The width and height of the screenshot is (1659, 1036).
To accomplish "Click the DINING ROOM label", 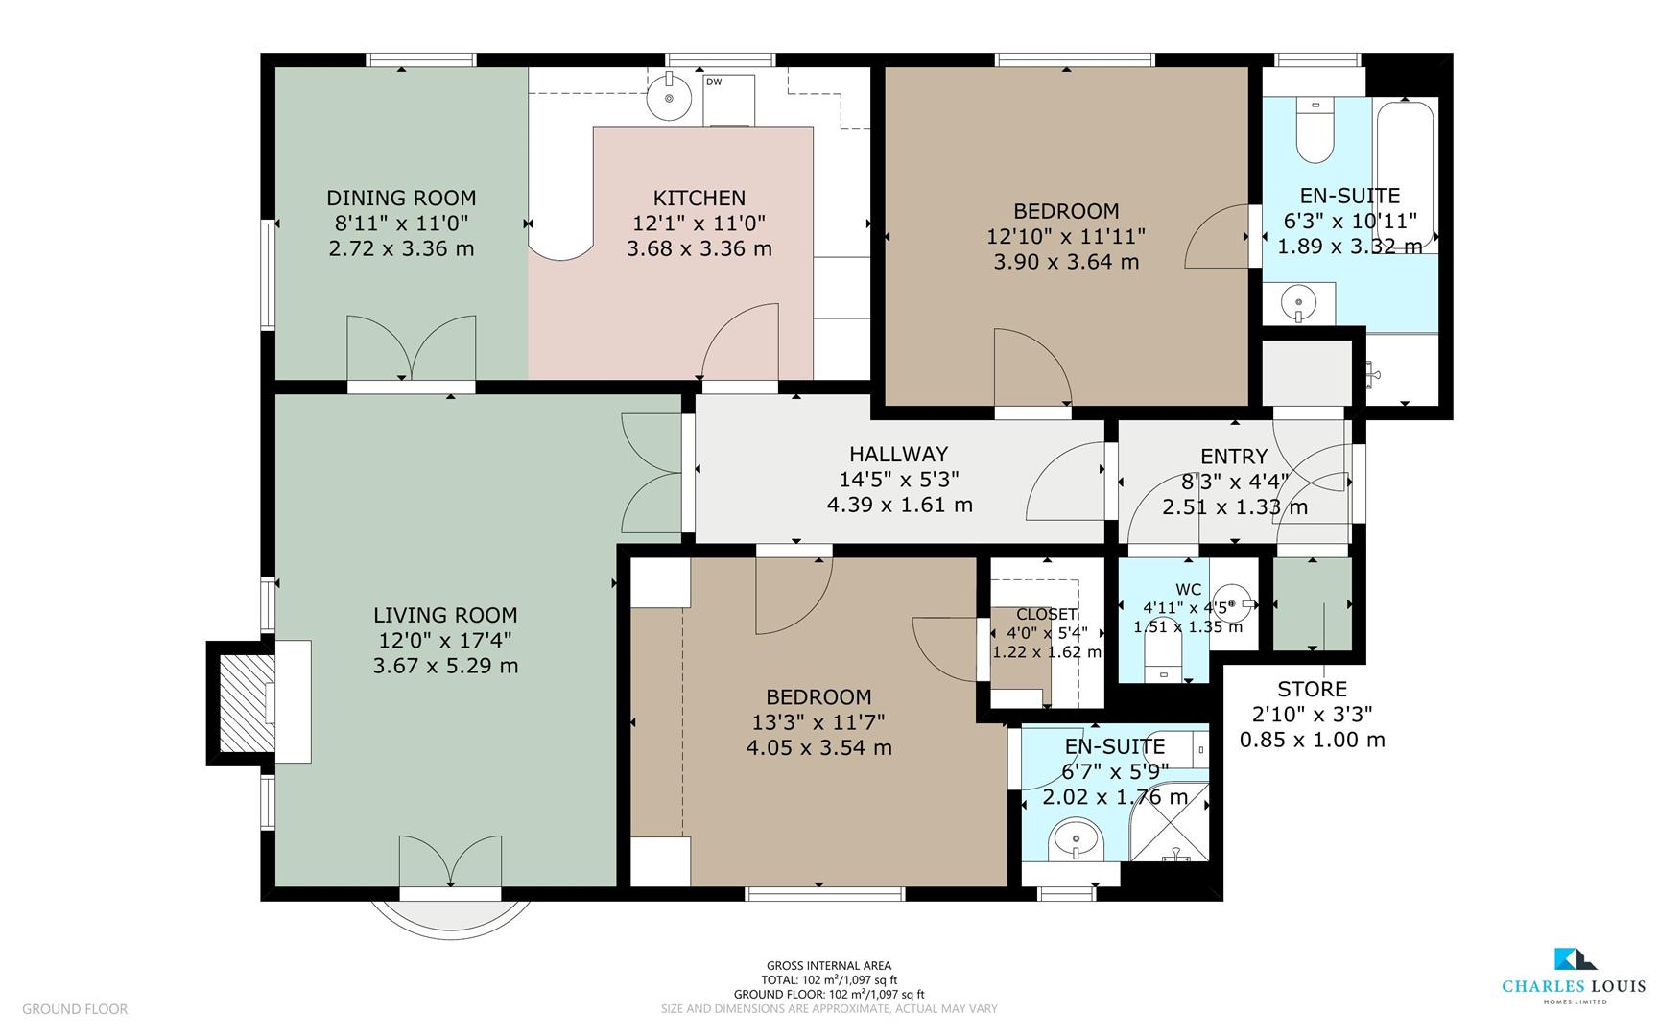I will (x=401, y=198).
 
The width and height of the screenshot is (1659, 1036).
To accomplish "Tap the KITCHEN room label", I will (x=699, y=198).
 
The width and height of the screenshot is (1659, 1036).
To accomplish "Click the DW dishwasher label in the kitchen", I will (x=714, y=82).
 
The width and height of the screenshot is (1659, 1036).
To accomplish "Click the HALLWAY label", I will (x=898, y=454).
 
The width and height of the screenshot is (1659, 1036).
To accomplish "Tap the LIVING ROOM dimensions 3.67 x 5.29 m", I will (x=445, y=666).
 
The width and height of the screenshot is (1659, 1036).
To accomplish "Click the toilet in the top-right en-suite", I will (x=1315, y=134).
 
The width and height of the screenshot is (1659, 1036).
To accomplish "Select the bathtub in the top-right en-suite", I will (x=1405, y=173).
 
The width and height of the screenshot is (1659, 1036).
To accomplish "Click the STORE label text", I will (x=1312, y=689).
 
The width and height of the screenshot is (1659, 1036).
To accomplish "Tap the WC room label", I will (x=1188, y=589).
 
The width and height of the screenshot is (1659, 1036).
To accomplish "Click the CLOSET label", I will (x=1046, y=615).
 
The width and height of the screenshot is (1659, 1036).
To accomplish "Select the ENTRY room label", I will (x=1234, y=457).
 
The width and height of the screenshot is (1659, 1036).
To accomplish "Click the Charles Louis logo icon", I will (x=1575, y=959).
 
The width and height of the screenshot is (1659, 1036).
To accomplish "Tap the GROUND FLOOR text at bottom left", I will (x=75, y=1009).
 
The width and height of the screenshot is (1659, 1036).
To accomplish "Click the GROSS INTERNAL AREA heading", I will (x=828, y=966).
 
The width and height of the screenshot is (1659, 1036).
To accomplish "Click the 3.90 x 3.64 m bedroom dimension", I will (x=1065, y=262).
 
